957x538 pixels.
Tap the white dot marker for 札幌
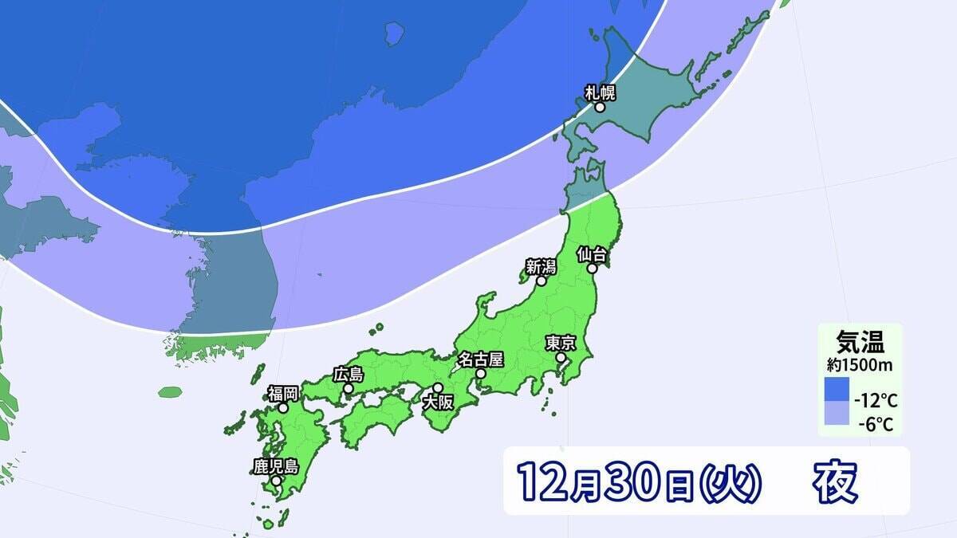click(x=600, y=106)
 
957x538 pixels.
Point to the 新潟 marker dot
click(x=542, y=281)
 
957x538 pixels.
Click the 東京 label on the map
click(x=561, y=343)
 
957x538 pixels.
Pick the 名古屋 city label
click(x=480, y=359)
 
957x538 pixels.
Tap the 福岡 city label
click(x=282, y=394)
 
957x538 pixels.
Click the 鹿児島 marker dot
click(x=275, y=481)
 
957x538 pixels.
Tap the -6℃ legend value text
click(x=876, y=424)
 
